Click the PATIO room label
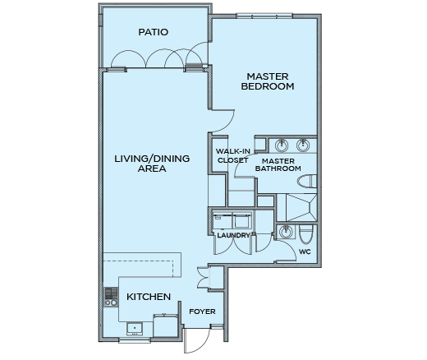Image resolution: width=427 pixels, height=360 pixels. [153, 32]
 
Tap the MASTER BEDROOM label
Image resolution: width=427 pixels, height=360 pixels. [268, 81]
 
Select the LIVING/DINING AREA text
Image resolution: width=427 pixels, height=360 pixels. [152, 164]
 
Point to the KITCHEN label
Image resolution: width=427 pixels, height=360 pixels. [149, 297]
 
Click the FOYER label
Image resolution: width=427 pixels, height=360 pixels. [202, 312]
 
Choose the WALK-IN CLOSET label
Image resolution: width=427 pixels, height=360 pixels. [232, 155]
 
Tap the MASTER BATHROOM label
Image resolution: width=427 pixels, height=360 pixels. [278, 164]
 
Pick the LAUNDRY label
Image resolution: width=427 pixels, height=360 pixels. [233, 235]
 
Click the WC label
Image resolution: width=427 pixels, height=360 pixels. [305, 252]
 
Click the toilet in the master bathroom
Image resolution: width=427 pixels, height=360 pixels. [307, 182]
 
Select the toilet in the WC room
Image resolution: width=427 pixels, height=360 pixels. [305, 234]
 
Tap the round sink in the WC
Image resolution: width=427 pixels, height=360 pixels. [286, 232]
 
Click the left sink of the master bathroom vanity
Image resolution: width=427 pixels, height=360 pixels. [282, 145]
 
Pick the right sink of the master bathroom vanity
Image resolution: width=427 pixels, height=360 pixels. [303, 145]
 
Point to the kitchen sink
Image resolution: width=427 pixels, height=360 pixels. [135, 329]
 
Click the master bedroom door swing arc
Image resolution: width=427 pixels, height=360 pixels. [223, 121]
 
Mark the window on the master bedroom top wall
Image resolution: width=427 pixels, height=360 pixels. [264, 16]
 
